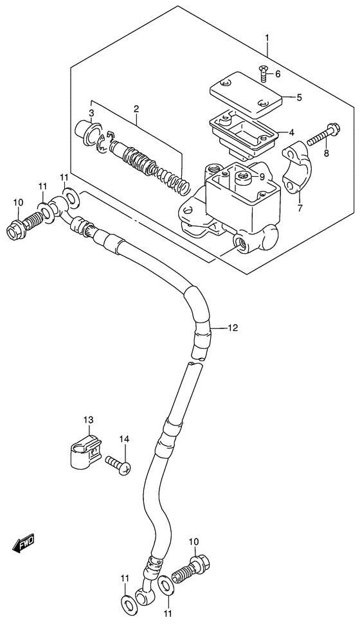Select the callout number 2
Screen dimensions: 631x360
click(x=136, y=109)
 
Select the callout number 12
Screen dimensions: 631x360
click(x=233, y=328)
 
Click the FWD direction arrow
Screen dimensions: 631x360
click(x=24, y=544)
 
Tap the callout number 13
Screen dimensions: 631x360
click(x=88, y=420)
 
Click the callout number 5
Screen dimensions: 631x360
click(x=299, y=98)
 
